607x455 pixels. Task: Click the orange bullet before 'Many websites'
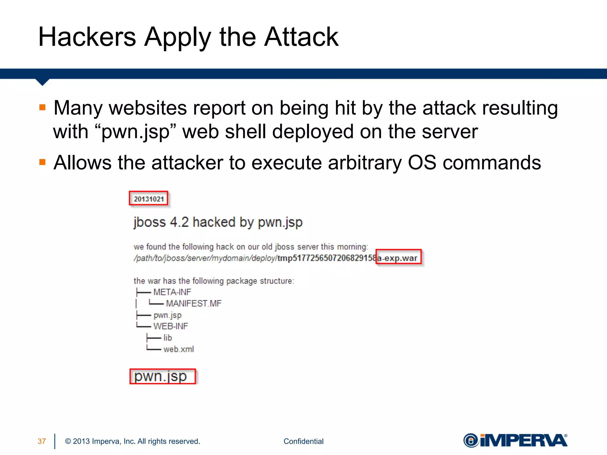point(42,107)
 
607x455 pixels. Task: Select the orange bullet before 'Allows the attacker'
point(42,162)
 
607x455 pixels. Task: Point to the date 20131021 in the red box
point(148,199)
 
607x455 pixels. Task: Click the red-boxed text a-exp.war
point(398,258)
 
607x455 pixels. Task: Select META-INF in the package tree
point(172,292)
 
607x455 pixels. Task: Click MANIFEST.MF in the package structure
point(194,304)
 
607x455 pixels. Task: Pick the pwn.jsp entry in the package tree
point(167,315)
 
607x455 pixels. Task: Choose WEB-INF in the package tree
point(171,326)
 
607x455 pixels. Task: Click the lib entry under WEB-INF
point(167,338)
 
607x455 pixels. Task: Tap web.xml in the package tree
point(178,349)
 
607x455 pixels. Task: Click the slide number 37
point(42,441)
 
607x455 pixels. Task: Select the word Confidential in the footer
point(303,441)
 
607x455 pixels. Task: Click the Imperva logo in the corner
point(515,440)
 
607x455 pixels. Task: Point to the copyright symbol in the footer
point(68,441)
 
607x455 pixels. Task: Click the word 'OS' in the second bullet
point(422,163)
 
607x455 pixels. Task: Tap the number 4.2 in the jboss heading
point(179,222)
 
